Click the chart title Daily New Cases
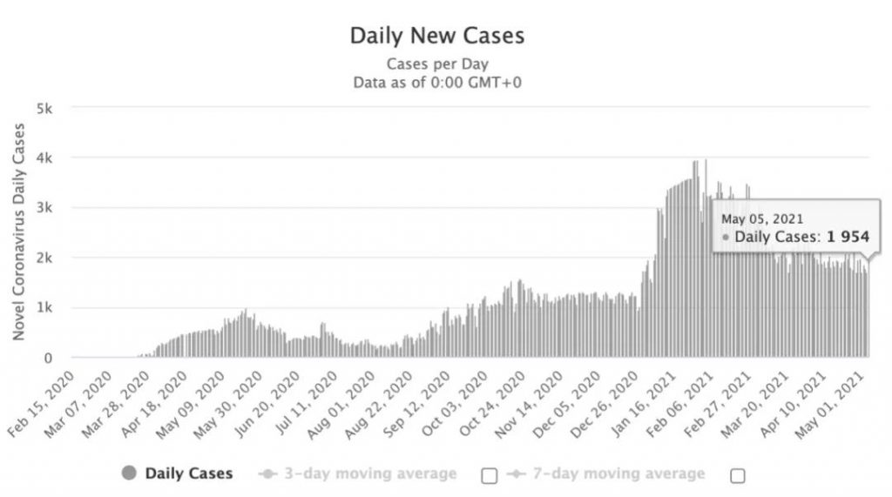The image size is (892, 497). point(437,36)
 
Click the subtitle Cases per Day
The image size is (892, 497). point(437,64)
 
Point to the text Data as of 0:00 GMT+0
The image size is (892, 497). point(437,83)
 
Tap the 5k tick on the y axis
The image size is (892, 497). point(45,109)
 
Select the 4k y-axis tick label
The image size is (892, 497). point(45,158)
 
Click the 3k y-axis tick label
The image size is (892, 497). point(45,208)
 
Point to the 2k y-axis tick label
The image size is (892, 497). point(45,259)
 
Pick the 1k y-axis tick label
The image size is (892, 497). point(45,308)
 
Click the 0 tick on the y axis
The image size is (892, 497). point(51,358)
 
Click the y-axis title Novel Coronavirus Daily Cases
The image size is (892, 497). point(18,232)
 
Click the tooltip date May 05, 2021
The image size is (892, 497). point(762,218)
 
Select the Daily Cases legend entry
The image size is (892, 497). point(179,473)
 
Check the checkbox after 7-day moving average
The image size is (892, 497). point(739,474)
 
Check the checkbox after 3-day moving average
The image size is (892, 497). point(490,474)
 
